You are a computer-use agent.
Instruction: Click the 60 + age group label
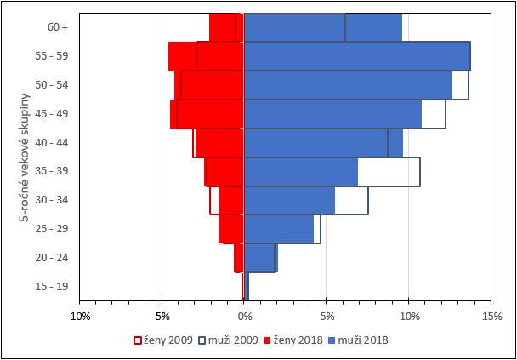58,27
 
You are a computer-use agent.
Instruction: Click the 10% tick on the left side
80,317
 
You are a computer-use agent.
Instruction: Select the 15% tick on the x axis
491,317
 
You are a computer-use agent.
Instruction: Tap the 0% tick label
244,317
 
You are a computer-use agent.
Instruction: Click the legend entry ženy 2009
161,340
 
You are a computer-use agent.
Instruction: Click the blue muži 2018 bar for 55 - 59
356,56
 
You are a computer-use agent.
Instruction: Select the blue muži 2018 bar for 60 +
322,27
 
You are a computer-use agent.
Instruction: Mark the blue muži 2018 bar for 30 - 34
289,200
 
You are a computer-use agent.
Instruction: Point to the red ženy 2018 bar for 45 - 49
207,114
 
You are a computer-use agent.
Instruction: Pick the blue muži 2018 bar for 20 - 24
260,258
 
